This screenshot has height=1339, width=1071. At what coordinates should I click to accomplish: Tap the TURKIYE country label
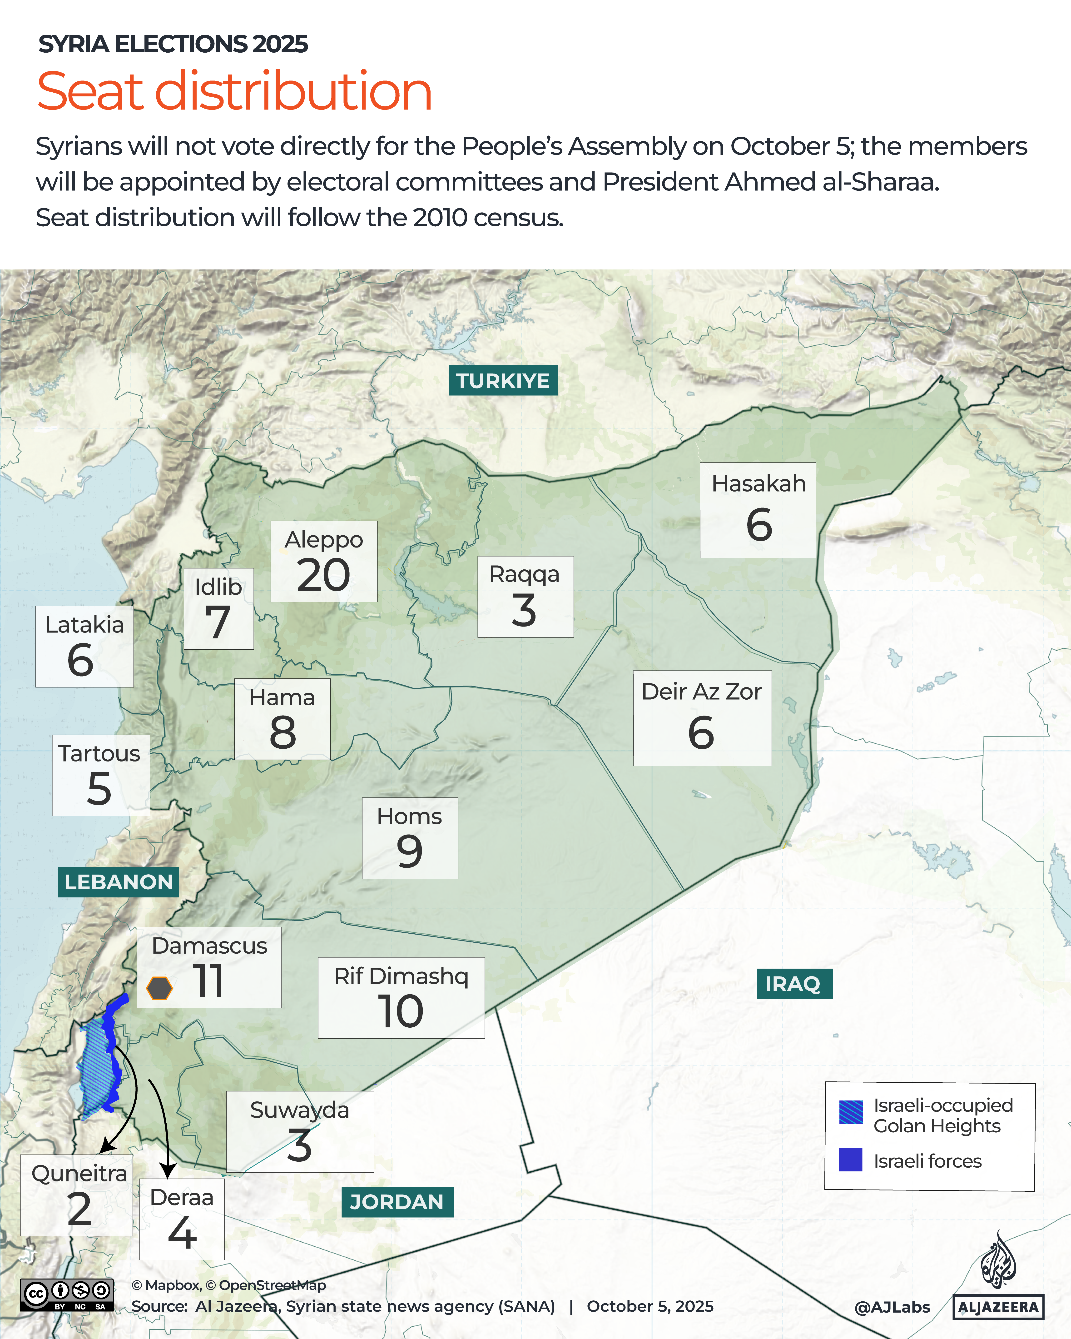click(x=503, y=381)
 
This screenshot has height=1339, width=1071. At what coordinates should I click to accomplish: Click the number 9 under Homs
click(x=410, y=851)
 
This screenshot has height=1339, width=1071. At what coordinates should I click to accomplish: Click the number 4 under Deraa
click(x=182, y=1232)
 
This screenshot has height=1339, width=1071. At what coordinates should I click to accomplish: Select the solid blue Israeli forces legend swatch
click(x=850, y=1160)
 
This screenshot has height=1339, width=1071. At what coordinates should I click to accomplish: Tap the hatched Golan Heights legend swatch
click(x=850, y=1112)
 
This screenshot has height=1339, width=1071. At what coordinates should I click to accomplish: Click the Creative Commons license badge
click(x=66, y=1294)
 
